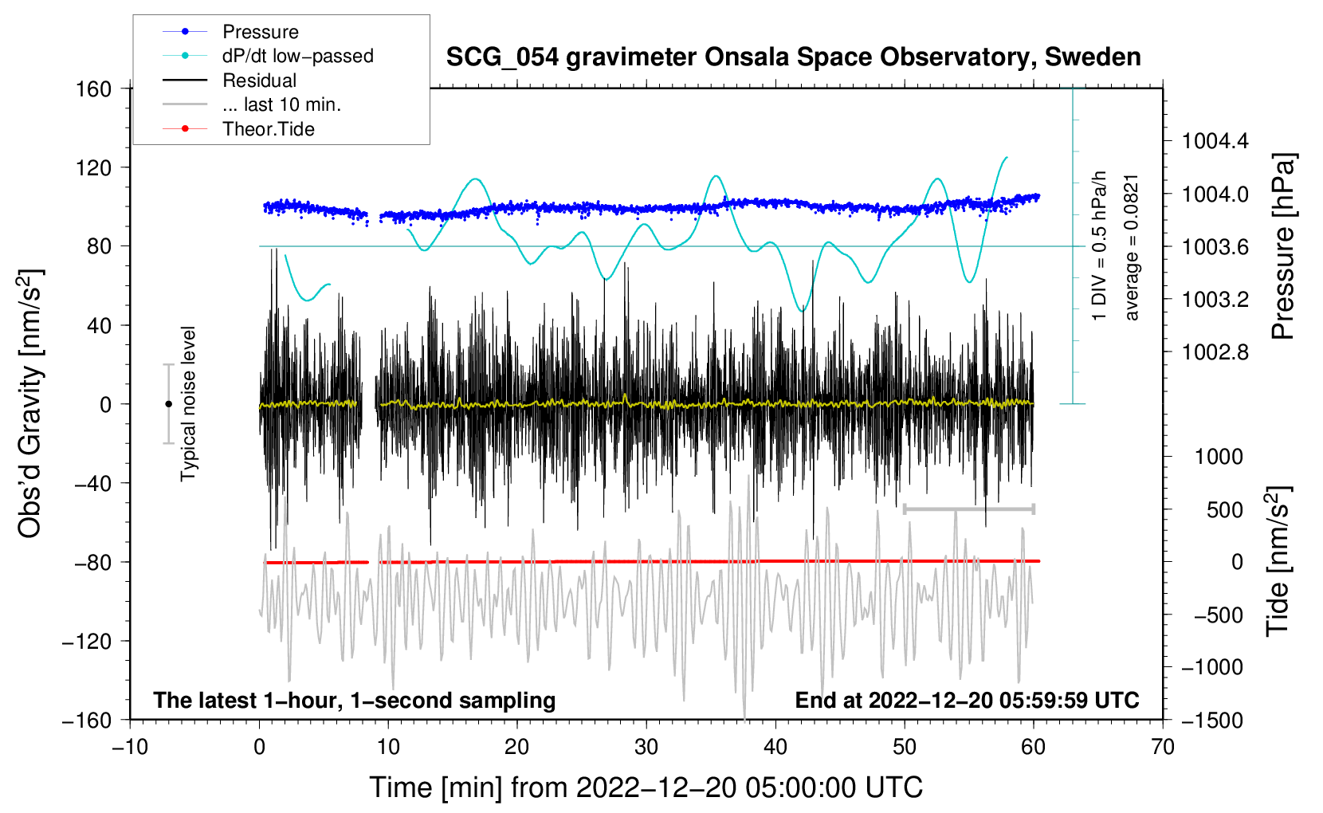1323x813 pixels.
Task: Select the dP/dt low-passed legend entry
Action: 297,56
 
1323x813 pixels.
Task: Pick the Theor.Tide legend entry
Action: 268,129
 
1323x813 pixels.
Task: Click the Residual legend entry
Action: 259,81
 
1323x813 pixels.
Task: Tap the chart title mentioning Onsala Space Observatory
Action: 793,57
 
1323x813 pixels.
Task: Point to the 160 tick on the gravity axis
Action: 94,88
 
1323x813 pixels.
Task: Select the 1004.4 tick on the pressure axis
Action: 1215,142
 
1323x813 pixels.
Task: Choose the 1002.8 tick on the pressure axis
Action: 1215,352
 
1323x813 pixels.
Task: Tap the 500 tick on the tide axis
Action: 1225,509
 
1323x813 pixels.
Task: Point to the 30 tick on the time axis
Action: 646,747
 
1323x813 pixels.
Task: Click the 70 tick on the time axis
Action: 1163,747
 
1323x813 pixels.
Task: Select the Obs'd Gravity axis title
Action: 30,403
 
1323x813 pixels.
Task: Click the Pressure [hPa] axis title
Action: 1282,246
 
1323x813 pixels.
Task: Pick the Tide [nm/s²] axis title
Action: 1278,561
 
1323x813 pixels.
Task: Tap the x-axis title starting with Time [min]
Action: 646,787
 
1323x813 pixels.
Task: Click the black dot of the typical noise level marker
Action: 168,404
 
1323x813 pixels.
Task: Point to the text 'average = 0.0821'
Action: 1132,247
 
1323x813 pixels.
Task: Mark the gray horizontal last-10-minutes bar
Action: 969,509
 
